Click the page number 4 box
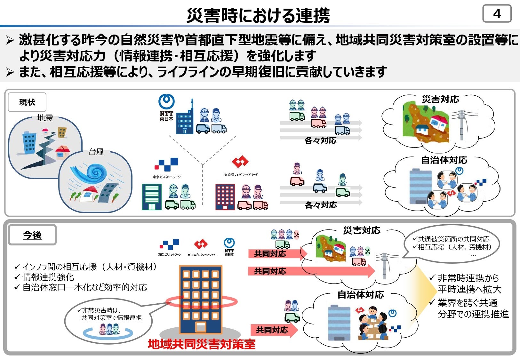pos(497,14)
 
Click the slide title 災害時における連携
pos(258,15)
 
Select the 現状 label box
pos(27,102)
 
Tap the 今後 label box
pos(32,235)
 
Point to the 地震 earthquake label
pos(45,118)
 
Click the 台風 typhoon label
pos(96,152)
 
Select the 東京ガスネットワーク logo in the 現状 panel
pos(166,168)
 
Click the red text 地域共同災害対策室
pos(202,344)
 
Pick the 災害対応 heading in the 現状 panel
pos(440,99)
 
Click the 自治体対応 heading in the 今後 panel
pos(361,295)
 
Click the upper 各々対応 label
pos(320,140)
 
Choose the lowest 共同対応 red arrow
pos(273,330)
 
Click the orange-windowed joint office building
pos(201,299)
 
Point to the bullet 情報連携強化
pos(48,277)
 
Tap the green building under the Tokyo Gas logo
pos(152,197)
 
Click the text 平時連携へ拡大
pos(469,289)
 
